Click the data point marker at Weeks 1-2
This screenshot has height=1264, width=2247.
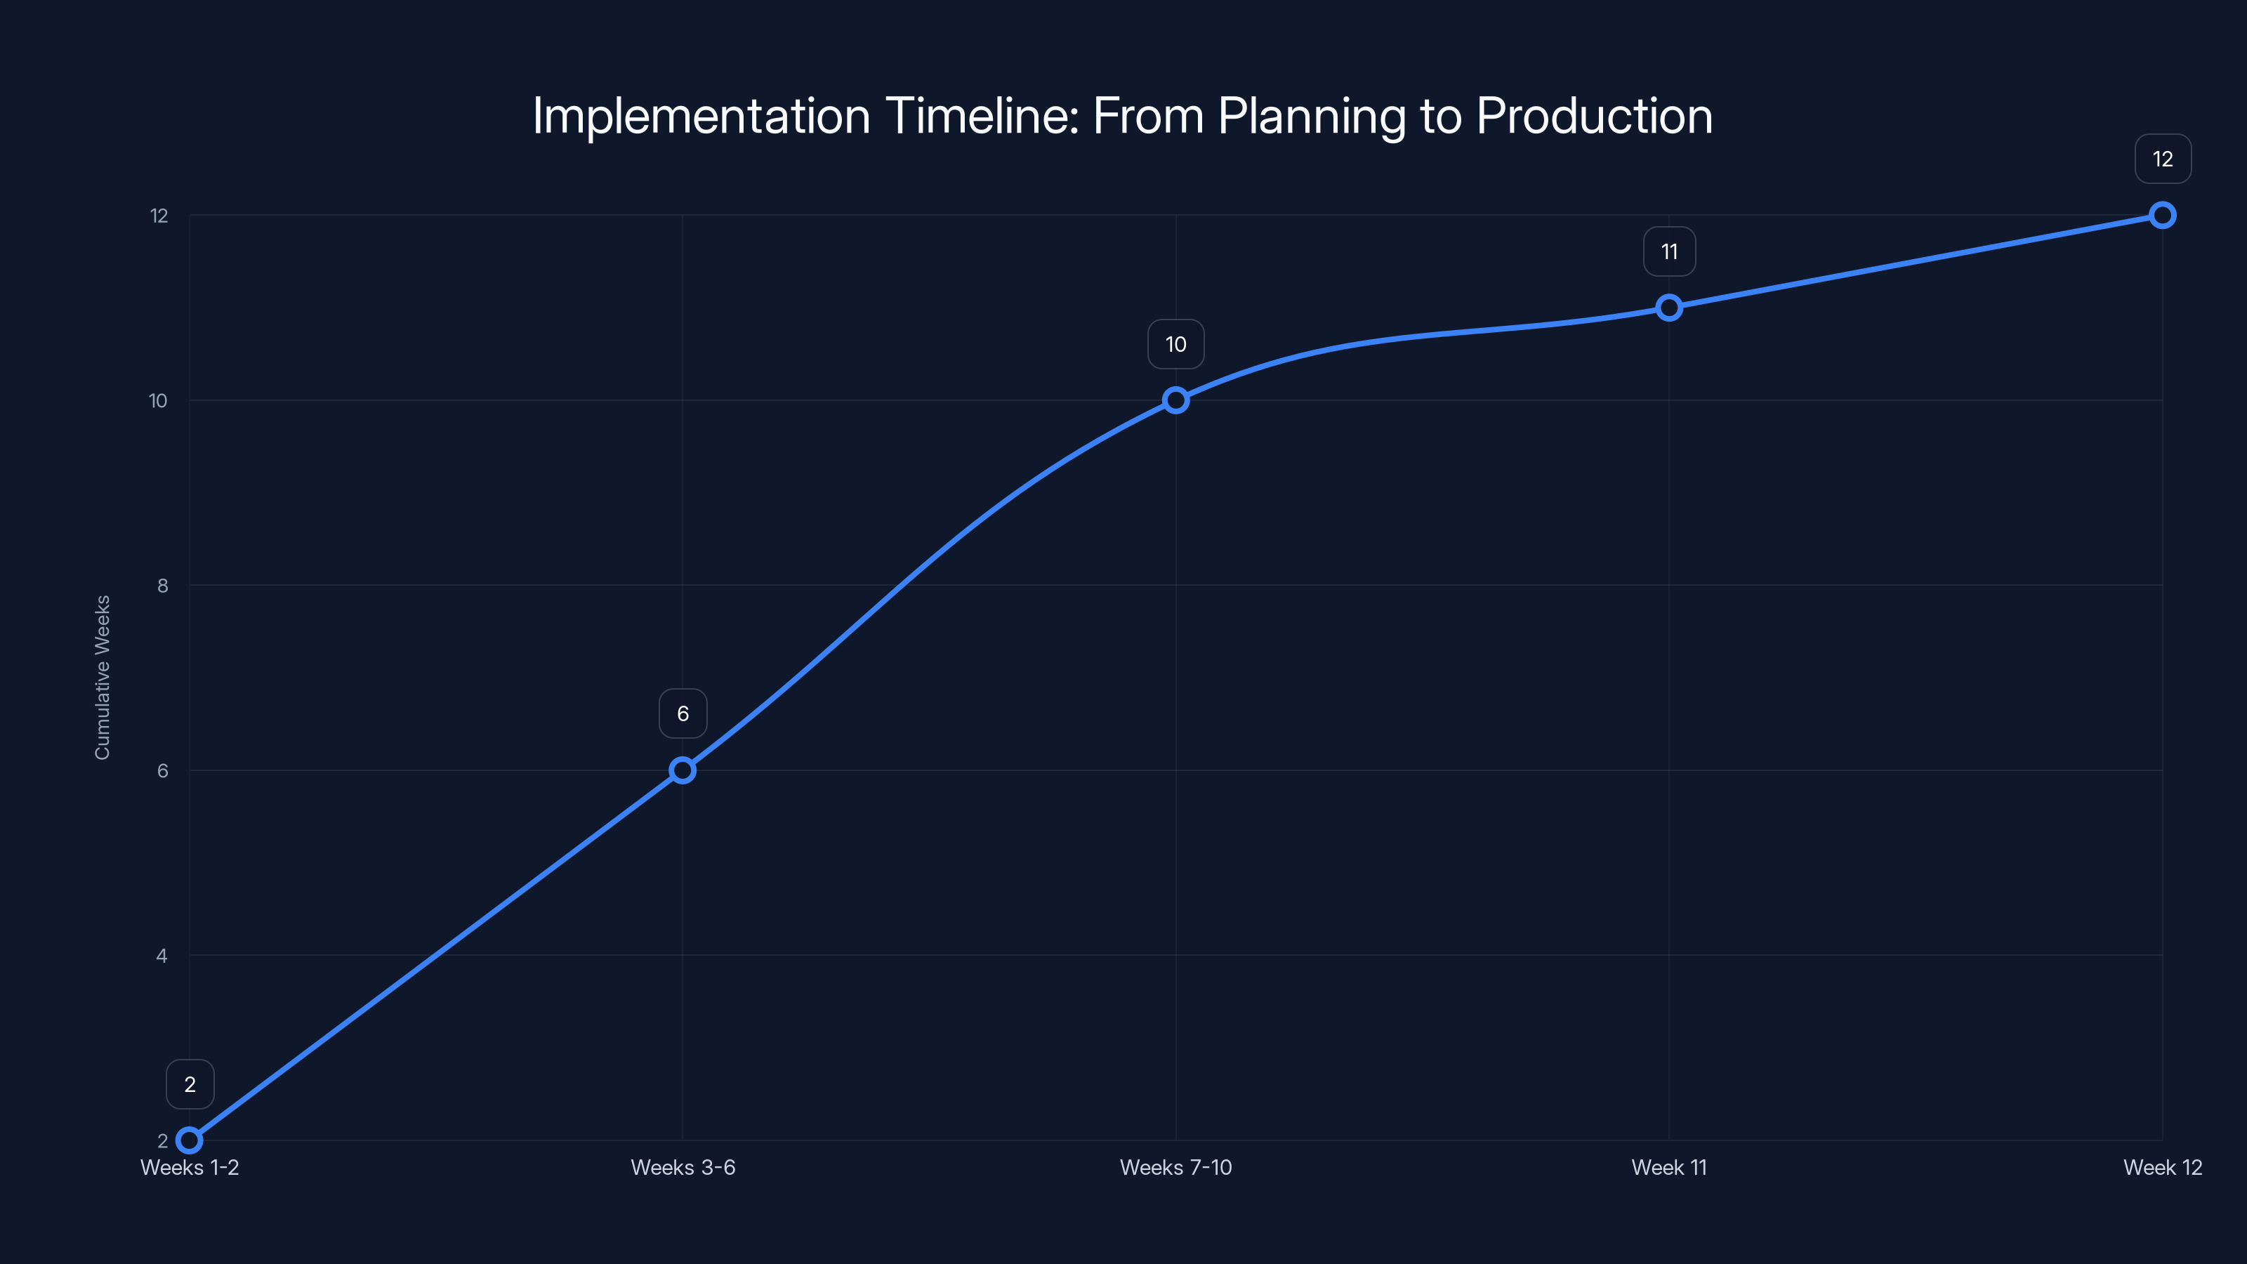(x=190, y=1140)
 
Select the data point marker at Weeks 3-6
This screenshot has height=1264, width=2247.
(x=682, y=770)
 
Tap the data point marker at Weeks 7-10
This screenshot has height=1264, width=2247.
(x=1176, y=400)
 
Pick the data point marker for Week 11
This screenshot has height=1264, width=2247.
(x=1668, y=307)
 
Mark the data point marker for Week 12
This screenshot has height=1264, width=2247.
(x=2163, y=215)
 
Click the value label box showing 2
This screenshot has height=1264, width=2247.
(x=190, y=1084)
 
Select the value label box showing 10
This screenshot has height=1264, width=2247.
(x=1176, y=343)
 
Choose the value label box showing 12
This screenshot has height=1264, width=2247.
(x=2163, y=159)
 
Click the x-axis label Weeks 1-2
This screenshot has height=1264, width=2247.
(x=190, y=1167)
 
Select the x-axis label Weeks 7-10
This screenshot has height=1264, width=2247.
(x=1176, y=1167)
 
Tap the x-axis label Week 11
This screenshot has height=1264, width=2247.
(x=1668, y=1167)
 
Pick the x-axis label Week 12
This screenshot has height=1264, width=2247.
(x=2163, y=1167)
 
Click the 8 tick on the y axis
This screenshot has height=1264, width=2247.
(x=162, y=586)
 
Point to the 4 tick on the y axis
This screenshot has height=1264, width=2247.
(x=162, y=956)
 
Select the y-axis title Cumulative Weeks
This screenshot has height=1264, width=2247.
(x=102, y=677)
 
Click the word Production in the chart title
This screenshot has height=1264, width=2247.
(x=1594, y=116)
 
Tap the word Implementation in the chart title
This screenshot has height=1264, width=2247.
(x=701, y=116)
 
